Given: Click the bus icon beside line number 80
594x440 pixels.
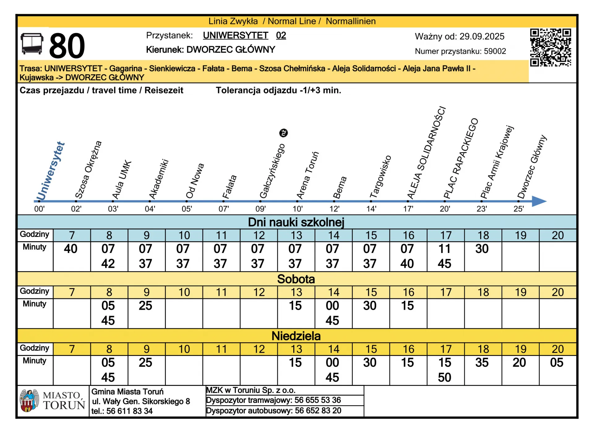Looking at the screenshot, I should (32, 44).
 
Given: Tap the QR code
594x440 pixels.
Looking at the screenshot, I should (550, 48).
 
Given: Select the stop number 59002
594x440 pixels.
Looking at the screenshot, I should (495, 51).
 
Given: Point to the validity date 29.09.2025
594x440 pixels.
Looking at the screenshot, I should (482, 36).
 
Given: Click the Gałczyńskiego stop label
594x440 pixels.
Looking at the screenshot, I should (272, 171).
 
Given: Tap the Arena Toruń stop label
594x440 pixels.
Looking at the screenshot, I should (307, 175).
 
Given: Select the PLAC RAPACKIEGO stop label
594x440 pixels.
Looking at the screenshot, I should (461, 158).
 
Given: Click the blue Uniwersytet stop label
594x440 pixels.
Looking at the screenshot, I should (50, 171).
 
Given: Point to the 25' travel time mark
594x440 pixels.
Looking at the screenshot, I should (519, 209).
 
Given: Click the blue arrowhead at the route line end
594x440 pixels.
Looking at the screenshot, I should (539, 201).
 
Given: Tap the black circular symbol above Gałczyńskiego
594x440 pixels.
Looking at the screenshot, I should (283, 133).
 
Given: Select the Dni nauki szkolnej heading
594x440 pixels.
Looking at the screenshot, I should (296, 222).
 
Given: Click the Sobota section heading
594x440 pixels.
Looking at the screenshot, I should (296, 279).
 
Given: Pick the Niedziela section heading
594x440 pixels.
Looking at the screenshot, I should (296, 336).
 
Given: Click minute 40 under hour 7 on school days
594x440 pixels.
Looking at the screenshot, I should (71, 249).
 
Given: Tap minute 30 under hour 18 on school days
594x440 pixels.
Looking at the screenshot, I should (482, 249).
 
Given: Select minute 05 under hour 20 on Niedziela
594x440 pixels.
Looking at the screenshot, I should (557, 363).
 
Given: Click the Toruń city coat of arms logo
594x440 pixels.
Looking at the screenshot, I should (29, 400).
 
